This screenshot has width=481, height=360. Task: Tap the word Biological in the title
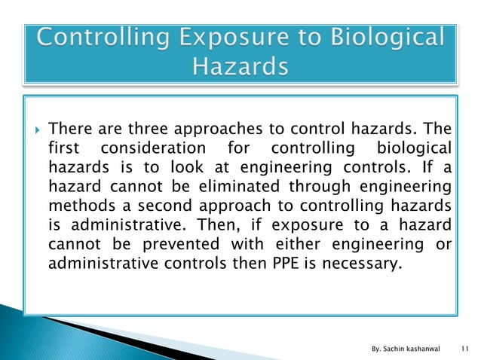pyautogui.click(x=385, y=38)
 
